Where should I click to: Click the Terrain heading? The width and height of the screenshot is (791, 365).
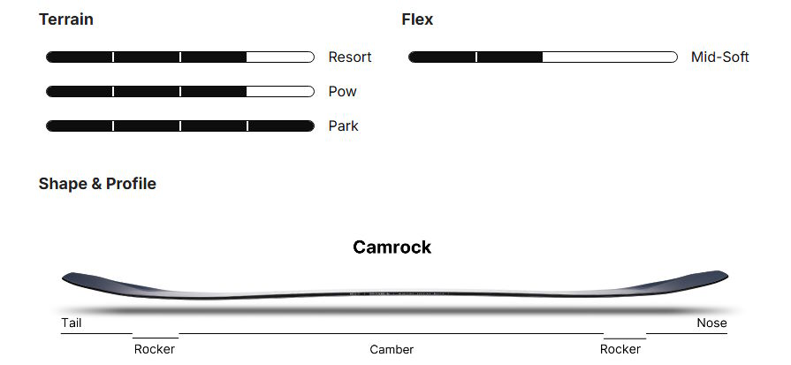(x=66, y=19)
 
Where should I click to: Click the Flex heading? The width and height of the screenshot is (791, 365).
(x=417, y=19)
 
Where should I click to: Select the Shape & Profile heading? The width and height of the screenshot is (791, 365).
(x=97, y=184)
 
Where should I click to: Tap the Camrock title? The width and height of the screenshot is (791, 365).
(x=392, y=247)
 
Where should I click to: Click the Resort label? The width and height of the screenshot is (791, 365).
(x=350, y=57)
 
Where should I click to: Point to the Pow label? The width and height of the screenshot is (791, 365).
(x=343, y=92)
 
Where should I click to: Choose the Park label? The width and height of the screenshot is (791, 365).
(x=343, y=126)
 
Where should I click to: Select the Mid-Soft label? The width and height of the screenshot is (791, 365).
(x=719, y=57)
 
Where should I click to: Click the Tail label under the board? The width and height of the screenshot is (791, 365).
(x=72, y=323)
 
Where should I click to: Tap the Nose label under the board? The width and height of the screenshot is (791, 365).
(x=711, y=323)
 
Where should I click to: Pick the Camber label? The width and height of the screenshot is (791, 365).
(x=392, y=349)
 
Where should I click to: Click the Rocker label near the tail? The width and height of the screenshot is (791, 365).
(x=155, y=349)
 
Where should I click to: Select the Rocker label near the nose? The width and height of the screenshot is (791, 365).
(x=620, y=349)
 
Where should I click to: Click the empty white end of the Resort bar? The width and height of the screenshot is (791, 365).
(x=279, y=57)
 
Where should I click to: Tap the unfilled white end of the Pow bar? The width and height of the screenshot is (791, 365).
(x=279, y=92)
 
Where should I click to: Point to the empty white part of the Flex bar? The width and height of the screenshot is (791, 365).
(x=610, y=57)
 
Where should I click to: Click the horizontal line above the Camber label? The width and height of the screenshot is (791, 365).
(x=392, y=334)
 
